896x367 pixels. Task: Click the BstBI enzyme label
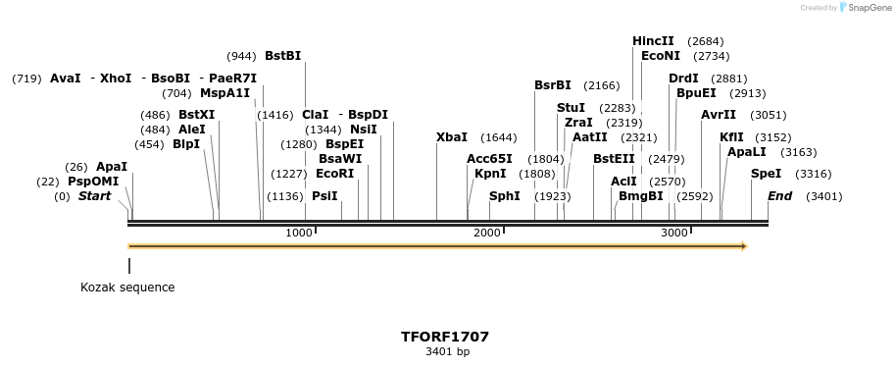282,56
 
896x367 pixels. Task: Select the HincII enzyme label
653,41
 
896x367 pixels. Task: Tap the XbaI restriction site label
451,137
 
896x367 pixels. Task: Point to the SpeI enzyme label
766,174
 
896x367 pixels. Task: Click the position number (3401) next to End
823,196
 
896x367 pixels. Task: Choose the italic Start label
94,196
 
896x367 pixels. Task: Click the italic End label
779,196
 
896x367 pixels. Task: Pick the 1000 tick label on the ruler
298,233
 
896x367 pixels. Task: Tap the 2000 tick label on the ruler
486,233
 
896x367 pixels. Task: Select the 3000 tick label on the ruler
673,233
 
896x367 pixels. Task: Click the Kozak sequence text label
127,288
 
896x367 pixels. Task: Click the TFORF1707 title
445,337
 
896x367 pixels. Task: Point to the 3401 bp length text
447,351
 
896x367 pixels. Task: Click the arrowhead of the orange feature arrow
744,246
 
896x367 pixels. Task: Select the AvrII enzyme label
718,115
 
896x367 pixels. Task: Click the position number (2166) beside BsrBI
602,85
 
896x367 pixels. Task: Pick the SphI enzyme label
504,196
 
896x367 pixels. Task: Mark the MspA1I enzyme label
224,93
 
